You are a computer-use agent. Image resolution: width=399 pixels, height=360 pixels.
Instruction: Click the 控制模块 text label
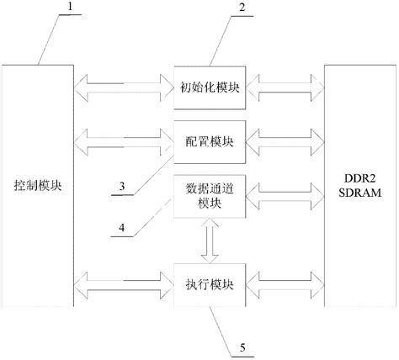coord(40,184)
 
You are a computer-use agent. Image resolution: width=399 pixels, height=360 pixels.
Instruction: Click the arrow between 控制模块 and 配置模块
coord(124,137)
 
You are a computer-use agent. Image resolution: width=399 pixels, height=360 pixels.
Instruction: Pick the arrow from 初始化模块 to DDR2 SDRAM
coord(285,85)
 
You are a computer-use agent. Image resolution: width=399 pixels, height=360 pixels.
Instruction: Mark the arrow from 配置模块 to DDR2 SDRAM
coord(285,140)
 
